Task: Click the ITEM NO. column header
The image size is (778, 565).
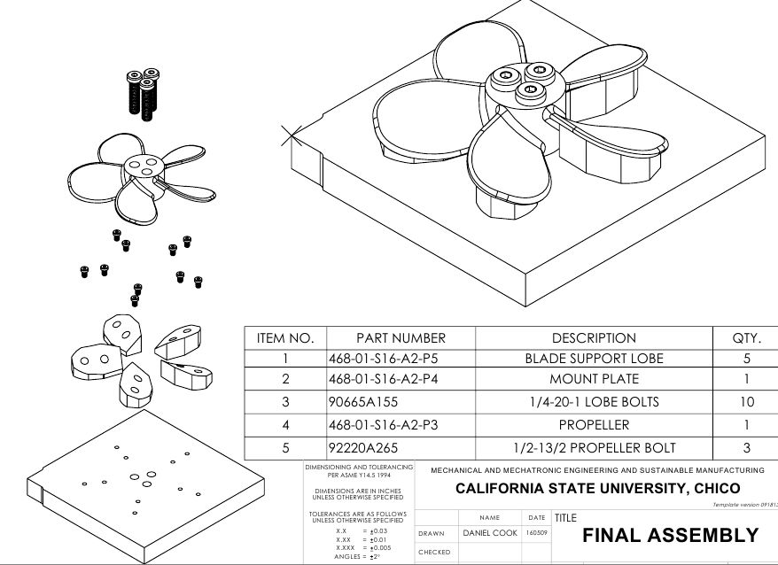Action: click(x=285, y=337)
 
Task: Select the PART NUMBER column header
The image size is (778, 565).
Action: click(x=401, y=337)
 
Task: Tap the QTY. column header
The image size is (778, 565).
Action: click(x=746, y=337)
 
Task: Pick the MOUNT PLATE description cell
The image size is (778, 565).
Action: click(x=594, y=381)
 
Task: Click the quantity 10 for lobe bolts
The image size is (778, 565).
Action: click(x=746, y=402)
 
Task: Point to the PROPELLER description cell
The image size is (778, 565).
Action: click(x=594, y=424)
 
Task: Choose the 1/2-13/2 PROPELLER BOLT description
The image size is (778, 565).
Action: click(x=594, y=446)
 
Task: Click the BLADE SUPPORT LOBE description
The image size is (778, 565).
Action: click(x=594, y=360)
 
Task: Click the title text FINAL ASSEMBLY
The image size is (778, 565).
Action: click(x=670, y=535)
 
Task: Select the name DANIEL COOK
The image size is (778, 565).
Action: click(x=490, y=533)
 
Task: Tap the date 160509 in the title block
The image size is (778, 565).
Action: click(x=536, y=533)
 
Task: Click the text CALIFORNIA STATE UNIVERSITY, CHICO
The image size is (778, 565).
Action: click(x=596, y=488)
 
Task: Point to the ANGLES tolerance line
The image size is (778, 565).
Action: click(x=357, y=556)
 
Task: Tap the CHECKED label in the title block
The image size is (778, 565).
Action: click(x=434, y=552)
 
